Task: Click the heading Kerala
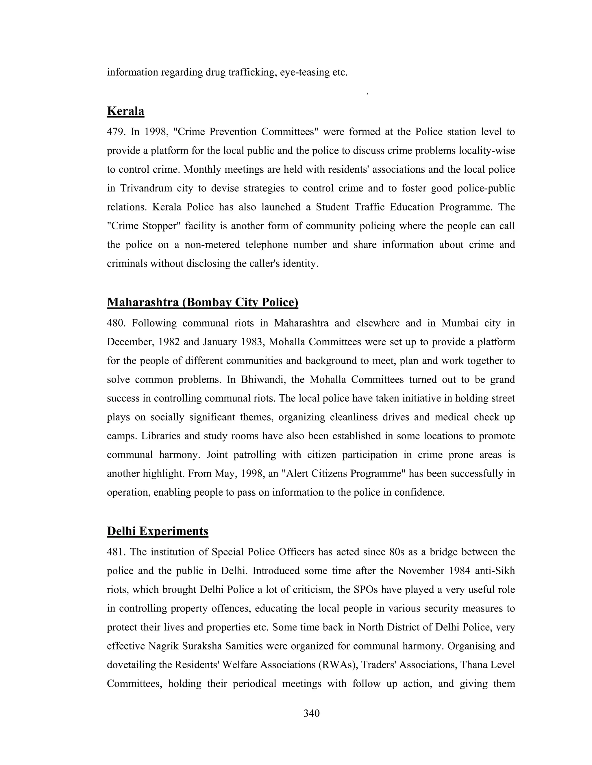(x=125, y=111)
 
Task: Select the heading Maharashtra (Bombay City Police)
(x=202, y=302)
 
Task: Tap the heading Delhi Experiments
(x=158, y=531)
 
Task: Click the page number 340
(x=311, y=713)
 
